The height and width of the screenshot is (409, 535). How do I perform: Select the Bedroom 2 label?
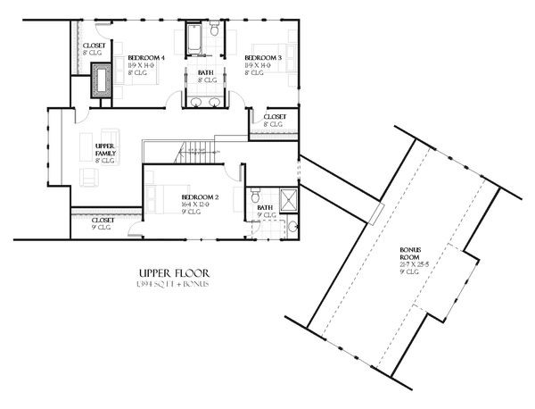click(x=200, y=196)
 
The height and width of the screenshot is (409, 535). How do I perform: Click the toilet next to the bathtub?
click(x=215, y=33)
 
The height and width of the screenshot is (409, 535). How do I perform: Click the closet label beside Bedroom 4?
click(x=94, y=46)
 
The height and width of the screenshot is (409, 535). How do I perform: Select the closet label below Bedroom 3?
click(x=275, y=116)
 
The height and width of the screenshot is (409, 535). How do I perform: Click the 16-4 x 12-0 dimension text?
click(x=199, y=204)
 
